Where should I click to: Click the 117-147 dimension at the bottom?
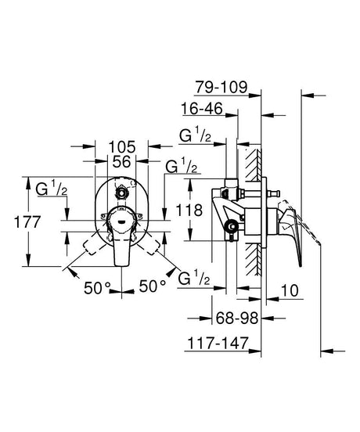point(227,343)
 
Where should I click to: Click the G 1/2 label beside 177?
point(50,189)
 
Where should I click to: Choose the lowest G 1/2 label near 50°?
point(193,279)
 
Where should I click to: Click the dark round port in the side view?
point(230,228)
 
